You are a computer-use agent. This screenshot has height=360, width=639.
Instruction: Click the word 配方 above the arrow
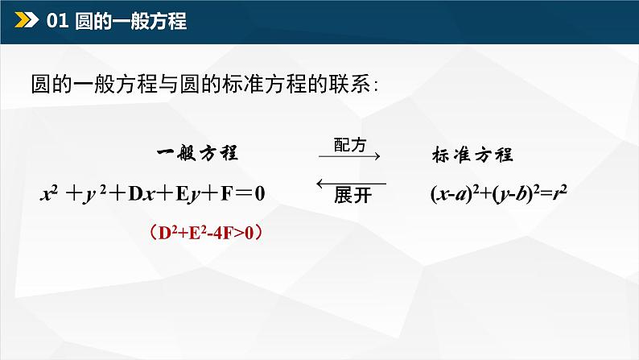coord(348,145)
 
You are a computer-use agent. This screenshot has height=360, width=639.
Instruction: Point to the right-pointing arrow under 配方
coord(350,159)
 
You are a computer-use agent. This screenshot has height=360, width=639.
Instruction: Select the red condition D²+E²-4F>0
coord(208,233)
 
